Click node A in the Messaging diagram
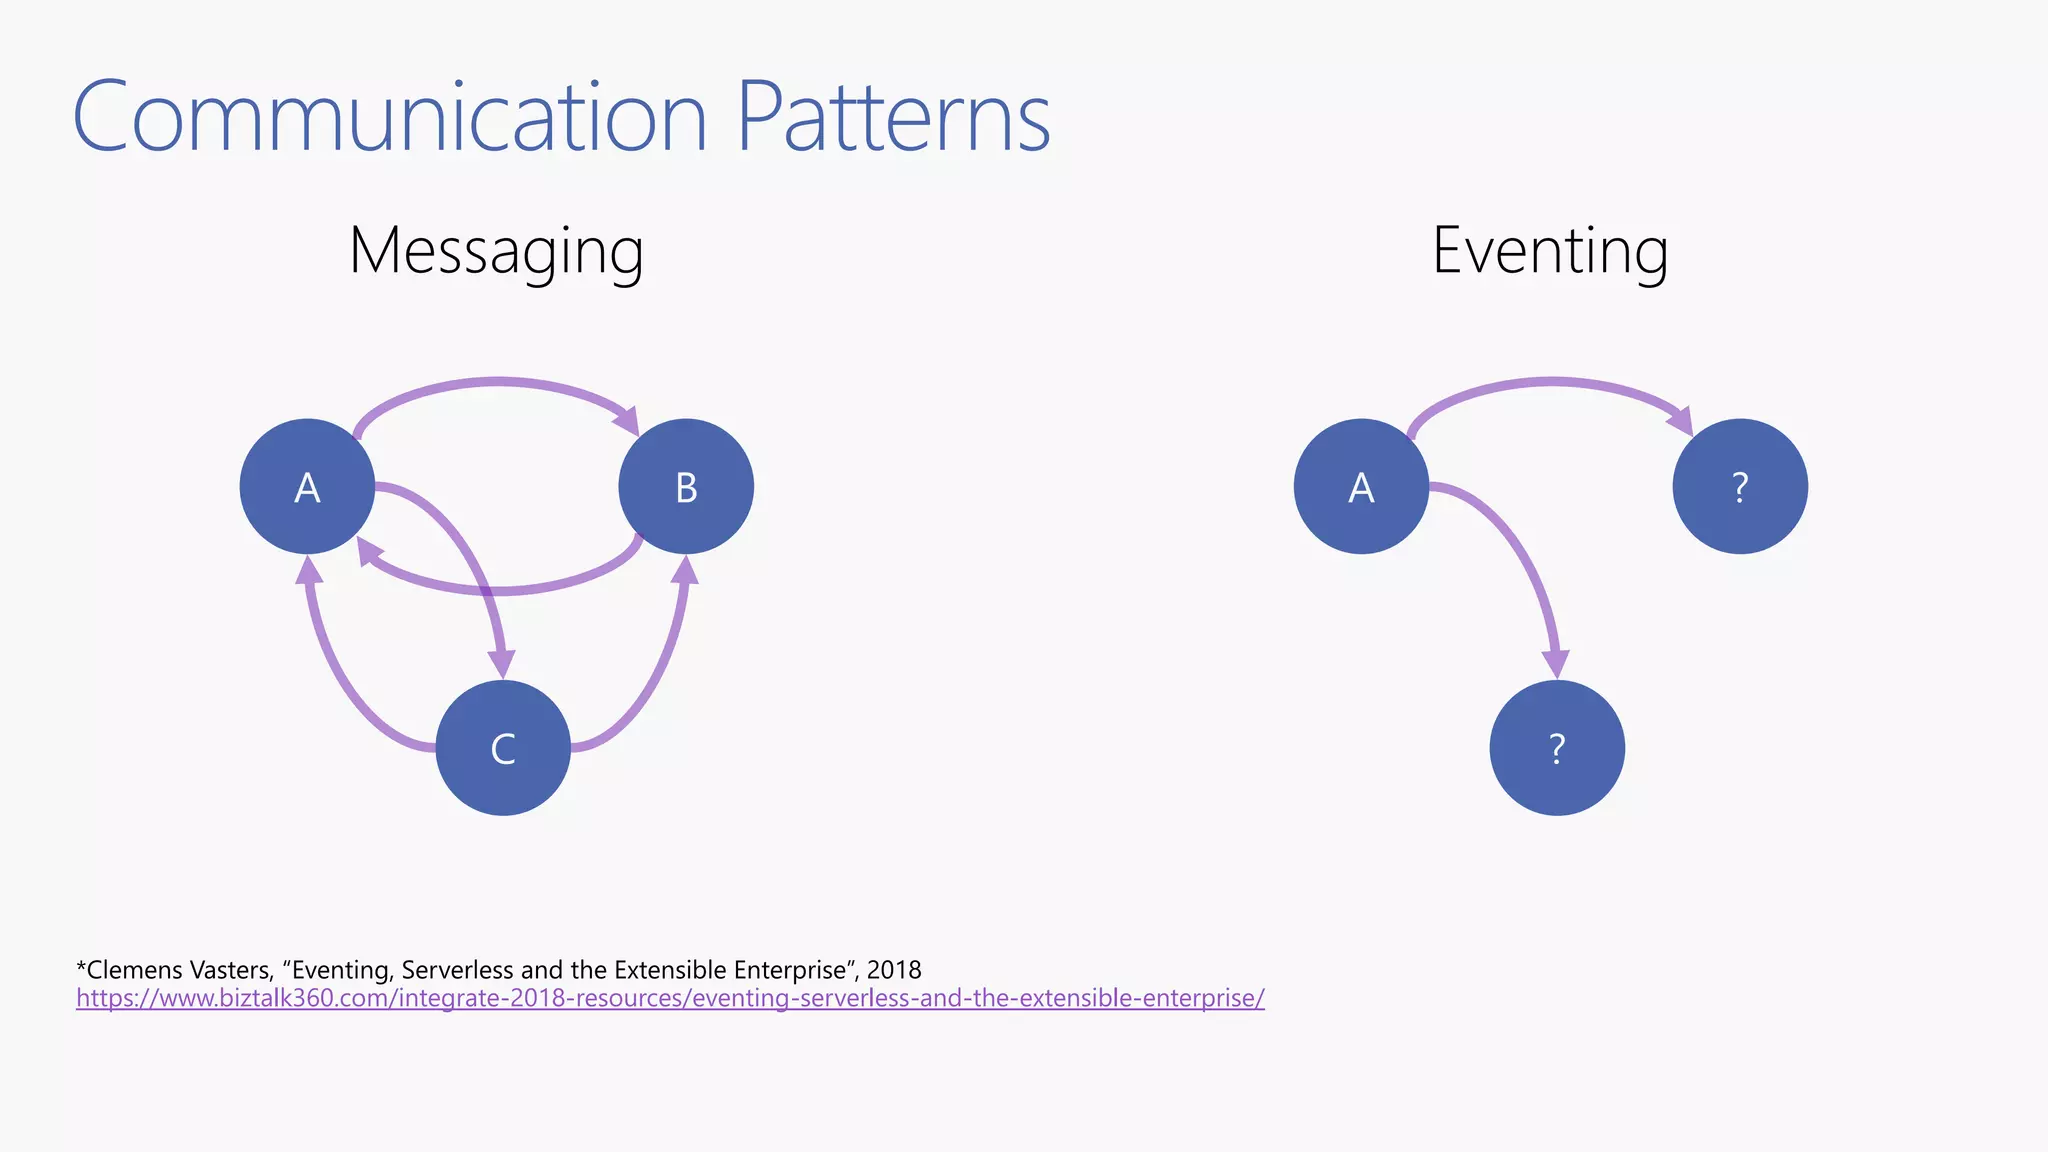tap(307, 487)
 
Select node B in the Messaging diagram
tap(686, 487)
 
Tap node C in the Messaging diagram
tap(503, 748)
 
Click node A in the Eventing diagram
tap(1361, 487)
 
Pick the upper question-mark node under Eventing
tap(1740, 487)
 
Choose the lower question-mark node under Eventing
tap(1557, 748)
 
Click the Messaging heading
tap(496, 251)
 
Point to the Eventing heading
tap(1550, 251)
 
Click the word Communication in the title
tap(390, 118)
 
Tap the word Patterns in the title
tap(893, 118)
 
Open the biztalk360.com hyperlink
tap(670, 998)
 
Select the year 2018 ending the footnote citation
tap(894, 970)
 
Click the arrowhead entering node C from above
tap(501, 664)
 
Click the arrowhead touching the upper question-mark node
tap(1681, 420)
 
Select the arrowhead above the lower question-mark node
tap(1555, 664)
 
